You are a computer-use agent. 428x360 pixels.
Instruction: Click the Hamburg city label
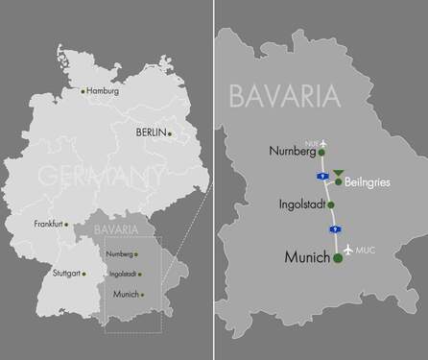click(103, 91)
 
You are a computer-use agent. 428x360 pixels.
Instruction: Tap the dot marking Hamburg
click(83, 92)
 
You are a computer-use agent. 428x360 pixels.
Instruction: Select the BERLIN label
click(151, 131)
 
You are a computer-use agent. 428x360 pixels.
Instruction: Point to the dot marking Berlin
click(170, 134)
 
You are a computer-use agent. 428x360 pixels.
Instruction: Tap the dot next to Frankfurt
click(67, 224)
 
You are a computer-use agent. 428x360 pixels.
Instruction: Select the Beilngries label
click(369, 181)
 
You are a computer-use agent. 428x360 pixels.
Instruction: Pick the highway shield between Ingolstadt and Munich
click(333, 229)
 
